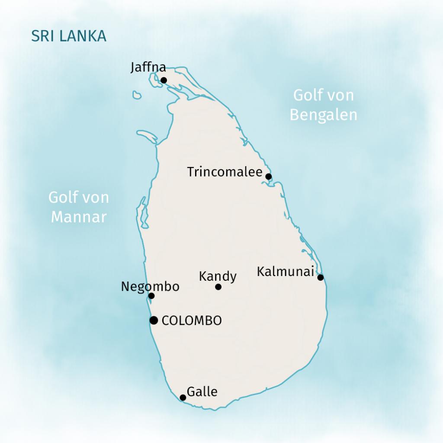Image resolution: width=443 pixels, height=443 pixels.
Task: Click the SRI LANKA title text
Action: [x=68, y=36]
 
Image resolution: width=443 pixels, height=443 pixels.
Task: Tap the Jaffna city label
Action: [x=148, y=67]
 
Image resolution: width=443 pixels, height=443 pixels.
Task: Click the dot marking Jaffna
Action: [x=164, y=80]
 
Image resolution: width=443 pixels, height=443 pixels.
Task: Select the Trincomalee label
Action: [x=225, y=172]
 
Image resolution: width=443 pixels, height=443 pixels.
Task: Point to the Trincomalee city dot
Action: [x=268, y=176]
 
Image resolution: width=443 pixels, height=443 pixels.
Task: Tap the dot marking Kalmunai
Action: [x=320, y=277]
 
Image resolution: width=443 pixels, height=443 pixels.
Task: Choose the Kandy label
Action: [x=218, y=276]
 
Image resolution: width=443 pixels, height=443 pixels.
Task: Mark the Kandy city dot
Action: [x=218, y=287]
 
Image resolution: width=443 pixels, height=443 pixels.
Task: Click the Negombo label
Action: [x=150, y=286]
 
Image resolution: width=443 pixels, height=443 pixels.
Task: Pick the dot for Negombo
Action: [x=151, y=296]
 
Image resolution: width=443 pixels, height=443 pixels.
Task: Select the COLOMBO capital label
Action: [x=191, y=321]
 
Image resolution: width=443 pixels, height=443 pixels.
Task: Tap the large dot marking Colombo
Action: [x=153, y=320]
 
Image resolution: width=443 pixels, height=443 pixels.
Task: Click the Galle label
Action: [x=202, y=392]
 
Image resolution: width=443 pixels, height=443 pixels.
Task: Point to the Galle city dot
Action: [x=183, y=398]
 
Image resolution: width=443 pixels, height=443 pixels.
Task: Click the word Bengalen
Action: [x=323, y=115]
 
